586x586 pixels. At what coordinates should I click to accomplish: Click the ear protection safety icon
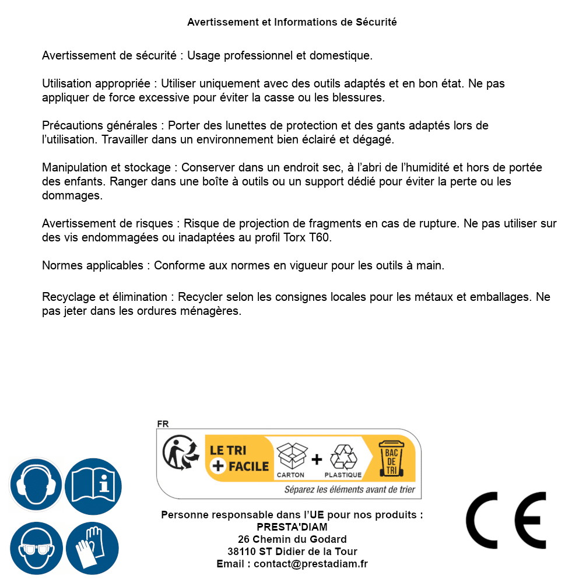coord(36,485)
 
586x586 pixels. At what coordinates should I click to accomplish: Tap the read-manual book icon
coord(93,485)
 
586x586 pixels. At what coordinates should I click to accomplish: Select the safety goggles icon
coord(36,549)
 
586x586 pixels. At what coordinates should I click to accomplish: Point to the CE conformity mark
coord(506,520)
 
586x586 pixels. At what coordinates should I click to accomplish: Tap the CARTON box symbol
coord(291,457)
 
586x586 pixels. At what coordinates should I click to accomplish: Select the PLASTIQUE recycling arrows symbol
coord(343,457)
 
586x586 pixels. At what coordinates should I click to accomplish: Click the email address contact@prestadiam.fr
coord(310,564)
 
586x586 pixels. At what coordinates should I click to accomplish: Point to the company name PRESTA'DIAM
coord(292,527)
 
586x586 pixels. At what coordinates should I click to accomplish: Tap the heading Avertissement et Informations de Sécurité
coord(292,22)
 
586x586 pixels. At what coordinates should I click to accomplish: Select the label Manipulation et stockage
coord(106,167)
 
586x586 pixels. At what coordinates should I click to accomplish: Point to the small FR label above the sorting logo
coord(163,424)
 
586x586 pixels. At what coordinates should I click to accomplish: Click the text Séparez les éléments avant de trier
coord(349,489)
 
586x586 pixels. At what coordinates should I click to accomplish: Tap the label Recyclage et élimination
coord(107,297)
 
